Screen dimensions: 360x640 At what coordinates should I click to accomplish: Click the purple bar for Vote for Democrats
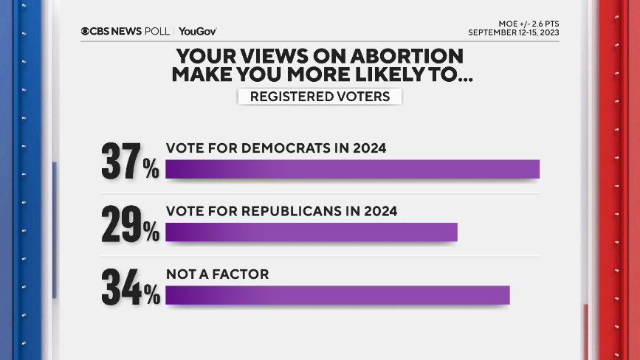click(x=352, y=169)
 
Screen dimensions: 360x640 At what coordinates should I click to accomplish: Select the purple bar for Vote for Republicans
click(x=311, y=232)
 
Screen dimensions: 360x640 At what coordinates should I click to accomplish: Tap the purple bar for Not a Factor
click(x=337, y=295)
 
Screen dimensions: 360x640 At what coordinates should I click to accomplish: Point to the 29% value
click(x=130, y=224)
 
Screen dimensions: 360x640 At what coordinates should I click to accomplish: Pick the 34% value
click(x=130, y=287)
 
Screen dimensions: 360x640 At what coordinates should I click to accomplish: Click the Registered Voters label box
click(x=320, y=97)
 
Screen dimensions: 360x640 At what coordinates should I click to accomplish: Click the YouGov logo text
click(x=198, y=32)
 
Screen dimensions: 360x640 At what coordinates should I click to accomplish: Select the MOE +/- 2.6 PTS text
click(x=529, y=23)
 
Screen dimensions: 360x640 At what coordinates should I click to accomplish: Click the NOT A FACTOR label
click(x=217, y=274)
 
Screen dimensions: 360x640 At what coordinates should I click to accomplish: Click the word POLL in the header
click(x=158, y=32)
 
